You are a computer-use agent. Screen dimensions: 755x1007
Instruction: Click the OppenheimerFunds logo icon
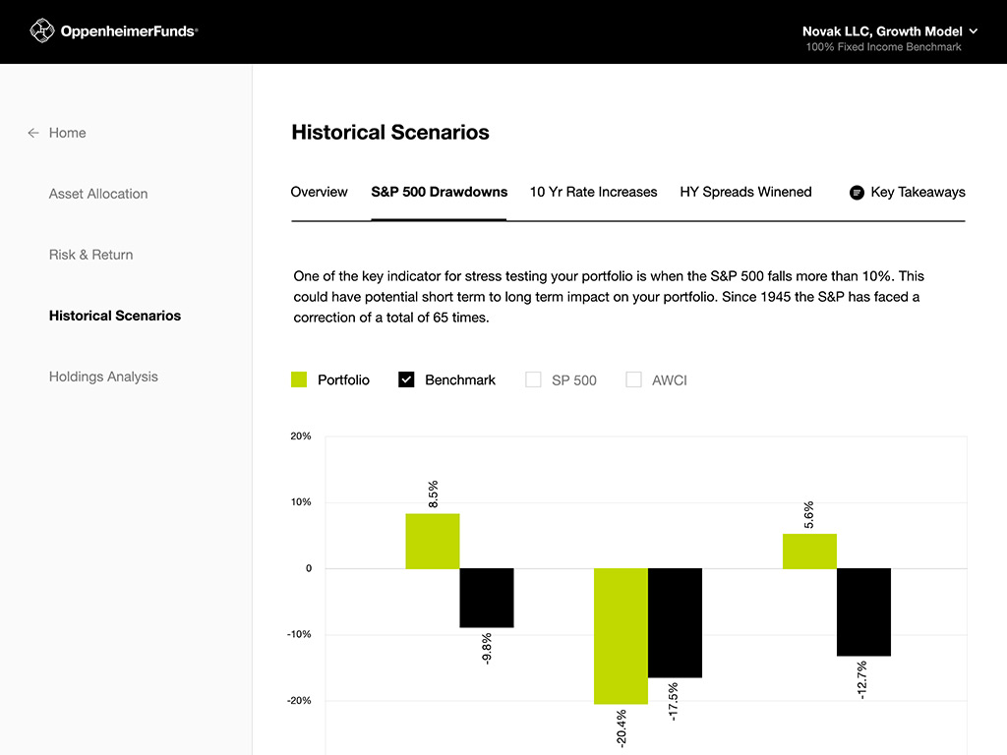(x=41, y=31)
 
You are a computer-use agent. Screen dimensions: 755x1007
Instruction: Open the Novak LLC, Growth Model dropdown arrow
(x=974, y=31)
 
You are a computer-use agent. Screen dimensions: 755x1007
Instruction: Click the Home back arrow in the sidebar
(x=33, y=133)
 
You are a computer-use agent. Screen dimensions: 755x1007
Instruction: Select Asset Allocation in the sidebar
(x=98, y=194)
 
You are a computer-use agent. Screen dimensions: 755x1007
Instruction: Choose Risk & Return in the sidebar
(x=90, y=255)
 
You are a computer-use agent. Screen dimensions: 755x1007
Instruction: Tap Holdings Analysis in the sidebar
(x=103, y=377)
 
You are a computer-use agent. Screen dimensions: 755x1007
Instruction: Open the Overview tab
(x=319, y=192)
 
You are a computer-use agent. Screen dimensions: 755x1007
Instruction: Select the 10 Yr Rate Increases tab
(x=593, y=192)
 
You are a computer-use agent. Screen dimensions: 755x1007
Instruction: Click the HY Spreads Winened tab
(x=745, y=192)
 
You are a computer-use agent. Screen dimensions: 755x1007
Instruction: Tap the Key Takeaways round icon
(x=857, y=193)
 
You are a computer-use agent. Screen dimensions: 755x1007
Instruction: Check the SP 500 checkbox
(x=533, y=379)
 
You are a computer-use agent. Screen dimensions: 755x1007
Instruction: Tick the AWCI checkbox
(x=633, y=379)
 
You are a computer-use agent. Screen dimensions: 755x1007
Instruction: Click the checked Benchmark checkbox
(x=406, y=379)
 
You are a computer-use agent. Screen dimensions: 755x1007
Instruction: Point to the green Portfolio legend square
(x=300, y=379)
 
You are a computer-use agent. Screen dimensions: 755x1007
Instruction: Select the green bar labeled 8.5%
(x=433, y=541)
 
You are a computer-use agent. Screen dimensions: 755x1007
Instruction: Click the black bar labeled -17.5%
(x=675, y=622)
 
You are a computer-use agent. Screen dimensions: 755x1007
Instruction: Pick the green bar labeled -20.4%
(x=621, y=636)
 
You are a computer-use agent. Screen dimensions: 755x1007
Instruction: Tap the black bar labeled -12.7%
(x=863, y=611)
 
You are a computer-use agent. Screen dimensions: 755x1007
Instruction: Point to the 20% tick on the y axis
(x=301, y=436)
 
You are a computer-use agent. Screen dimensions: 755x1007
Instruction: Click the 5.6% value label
(x=809, y=514)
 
